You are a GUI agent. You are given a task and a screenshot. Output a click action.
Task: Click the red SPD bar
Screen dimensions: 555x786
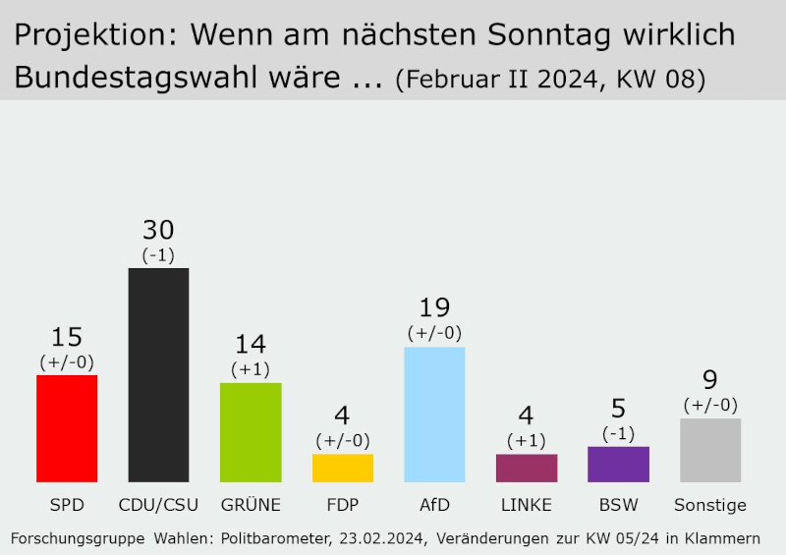[67, 428]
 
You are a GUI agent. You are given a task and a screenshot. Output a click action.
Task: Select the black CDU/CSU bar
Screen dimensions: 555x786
[158, 374]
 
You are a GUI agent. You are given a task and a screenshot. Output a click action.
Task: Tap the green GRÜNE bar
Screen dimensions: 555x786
[251, 432]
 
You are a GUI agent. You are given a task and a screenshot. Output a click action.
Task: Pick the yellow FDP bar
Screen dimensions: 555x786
[343, 468]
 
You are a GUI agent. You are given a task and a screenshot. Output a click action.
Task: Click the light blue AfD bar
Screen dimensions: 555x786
[434, 414]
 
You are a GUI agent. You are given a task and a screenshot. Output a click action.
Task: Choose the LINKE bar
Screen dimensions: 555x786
[527, 468]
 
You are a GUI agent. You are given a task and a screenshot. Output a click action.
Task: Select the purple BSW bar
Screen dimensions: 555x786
[618, 464]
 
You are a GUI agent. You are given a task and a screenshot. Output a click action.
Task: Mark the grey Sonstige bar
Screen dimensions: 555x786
[710, 450]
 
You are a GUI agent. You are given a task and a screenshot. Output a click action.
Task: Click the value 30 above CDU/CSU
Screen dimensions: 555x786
[158, 230]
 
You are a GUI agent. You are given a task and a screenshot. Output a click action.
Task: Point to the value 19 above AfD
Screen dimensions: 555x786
[434, 308]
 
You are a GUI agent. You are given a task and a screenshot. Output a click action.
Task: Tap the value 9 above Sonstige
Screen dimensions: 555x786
[710, 380]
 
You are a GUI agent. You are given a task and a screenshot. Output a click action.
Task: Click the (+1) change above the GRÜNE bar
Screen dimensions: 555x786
[251, 369]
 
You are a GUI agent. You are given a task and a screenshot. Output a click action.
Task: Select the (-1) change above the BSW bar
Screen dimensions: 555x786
[618, 433]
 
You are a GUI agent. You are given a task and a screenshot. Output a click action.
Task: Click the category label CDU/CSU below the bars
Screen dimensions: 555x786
[158, 506]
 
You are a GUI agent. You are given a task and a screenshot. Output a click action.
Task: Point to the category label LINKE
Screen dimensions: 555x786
[527, 506]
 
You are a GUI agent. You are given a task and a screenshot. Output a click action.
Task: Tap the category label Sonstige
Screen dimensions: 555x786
[710, 506]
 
